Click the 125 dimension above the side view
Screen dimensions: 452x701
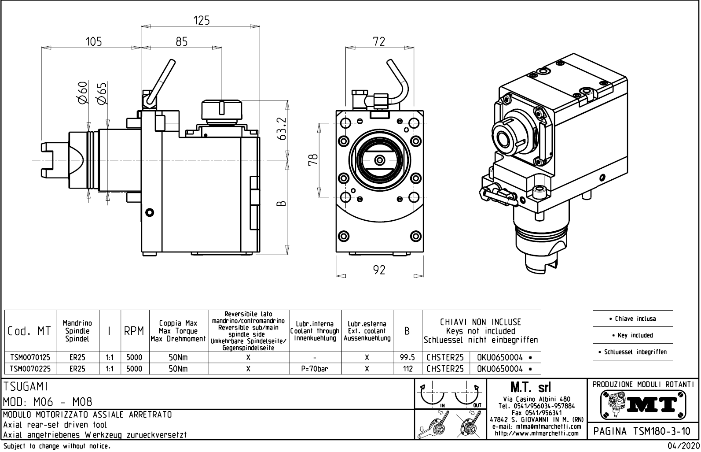click(x=202, y=20)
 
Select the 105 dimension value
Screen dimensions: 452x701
click(x=93, y=41)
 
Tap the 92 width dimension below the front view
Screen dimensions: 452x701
click(x=379, y=270)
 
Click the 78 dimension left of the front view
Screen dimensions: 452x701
click(x=313, y=160)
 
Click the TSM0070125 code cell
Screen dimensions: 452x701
click(x=30, y=357)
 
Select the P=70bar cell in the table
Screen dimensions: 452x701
click(x=315, y=369)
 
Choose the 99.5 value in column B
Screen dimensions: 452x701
click(x=407, y=357)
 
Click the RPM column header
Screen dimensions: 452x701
click(x=134, y=331)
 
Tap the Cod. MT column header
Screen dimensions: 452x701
click(x=29, y=331)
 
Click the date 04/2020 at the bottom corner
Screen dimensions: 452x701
click(x=684, y=446)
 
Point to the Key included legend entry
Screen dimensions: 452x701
click(x=633, y=335)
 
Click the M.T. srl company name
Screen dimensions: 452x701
click(x=530, y=388)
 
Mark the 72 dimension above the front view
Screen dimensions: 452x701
click(x=378, y=41)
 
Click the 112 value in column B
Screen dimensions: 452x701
click(x=407, y=369)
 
